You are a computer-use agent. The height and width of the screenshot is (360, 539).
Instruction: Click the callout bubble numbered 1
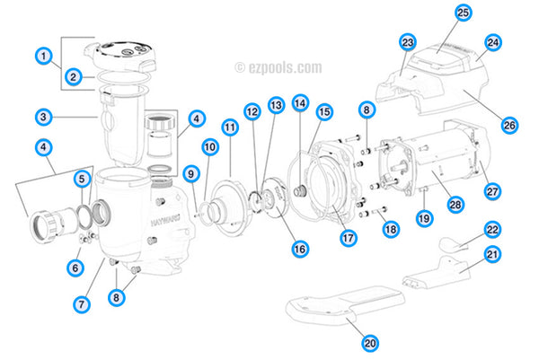pyautogui.click(x=41, y=56)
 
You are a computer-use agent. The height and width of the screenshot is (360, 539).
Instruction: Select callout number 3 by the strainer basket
pyautogui.click(x=41, y=116)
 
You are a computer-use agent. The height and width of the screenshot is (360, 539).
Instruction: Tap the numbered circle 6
pyautogui.click(x=75, y=267)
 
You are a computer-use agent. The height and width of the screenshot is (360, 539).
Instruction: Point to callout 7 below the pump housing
pyautogui.click(x=84, y=305)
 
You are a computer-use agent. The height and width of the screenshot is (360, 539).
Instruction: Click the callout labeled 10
pyautogui.click(x=208, y=146)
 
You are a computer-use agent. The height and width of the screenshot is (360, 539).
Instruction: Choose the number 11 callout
pyautogui.click(x=230, y=127)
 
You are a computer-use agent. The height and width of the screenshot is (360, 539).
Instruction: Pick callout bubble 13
pyautogui.click(x=275, y=105)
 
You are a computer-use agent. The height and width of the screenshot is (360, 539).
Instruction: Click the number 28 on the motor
pyautogui.click(x=455, y=205)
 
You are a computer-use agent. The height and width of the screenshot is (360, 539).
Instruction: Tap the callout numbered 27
pyautogui.click(x=491, y=190)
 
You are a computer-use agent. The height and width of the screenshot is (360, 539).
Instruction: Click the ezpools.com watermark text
pyautogui.click(x=278, y=66)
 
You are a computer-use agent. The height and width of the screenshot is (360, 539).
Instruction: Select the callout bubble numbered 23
pyautogui.click(x=408, y=42)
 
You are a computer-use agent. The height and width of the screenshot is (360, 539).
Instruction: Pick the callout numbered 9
pyautogui.click(x=190, y=172)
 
